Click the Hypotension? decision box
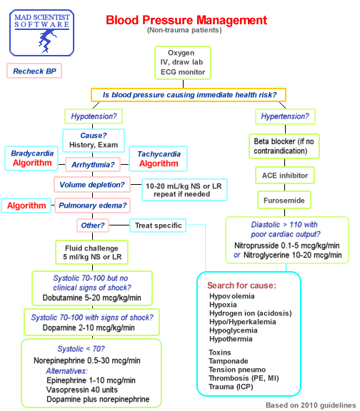pyautogui.click(x=94, y=116)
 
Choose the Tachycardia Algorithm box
pyautogui.click(x=158, y=158)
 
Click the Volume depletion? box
pyautogui.click(x=92, y=185)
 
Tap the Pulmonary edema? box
pyautogui.click(x=94, y=205)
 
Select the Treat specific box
pyautogui.click(x=159, y=225)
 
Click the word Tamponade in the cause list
pyautogui.click(x=229, y=361)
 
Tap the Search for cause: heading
pyautogui.click(x=241, y=285)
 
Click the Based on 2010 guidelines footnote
pyautogui.click(x=309, y=404)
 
